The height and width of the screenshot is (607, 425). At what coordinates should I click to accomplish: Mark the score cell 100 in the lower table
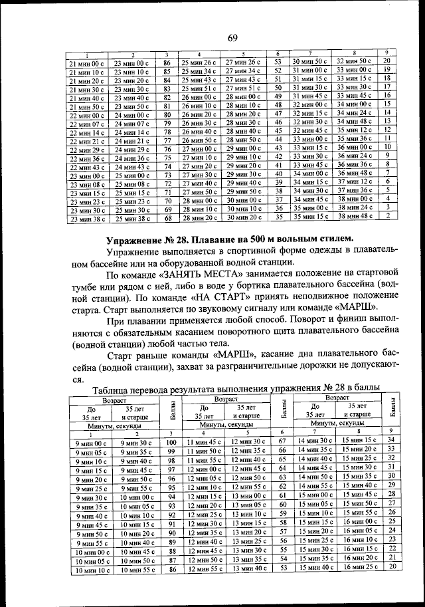pos(171,442)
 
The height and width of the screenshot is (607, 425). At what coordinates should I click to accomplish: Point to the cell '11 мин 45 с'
pos(203,441)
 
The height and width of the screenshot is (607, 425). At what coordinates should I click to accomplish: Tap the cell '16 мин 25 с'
pos(359,568)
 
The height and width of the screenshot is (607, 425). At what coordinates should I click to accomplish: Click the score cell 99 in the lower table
pos(171,452)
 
